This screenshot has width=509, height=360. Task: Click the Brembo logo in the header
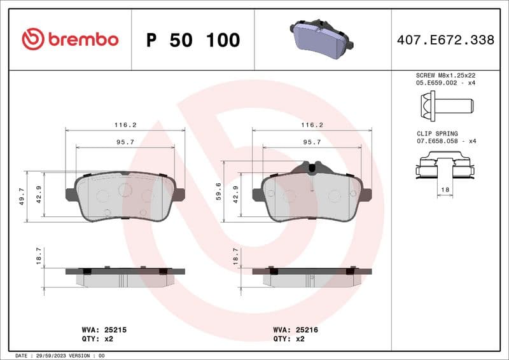70,39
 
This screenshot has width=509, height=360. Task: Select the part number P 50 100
193,40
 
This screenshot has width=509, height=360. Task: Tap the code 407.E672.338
445,40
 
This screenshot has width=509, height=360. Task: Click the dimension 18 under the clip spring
445,190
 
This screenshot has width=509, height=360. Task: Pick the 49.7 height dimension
22,196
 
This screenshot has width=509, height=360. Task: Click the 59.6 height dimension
218,190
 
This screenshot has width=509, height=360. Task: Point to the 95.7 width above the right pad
312,142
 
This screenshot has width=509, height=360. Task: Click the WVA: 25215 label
105,330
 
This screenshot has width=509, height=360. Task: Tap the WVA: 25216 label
296,330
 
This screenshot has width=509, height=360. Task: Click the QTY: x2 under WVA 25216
289,339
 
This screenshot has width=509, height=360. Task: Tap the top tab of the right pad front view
312,167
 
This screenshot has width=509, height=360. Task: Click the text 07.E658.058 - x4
446,141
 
